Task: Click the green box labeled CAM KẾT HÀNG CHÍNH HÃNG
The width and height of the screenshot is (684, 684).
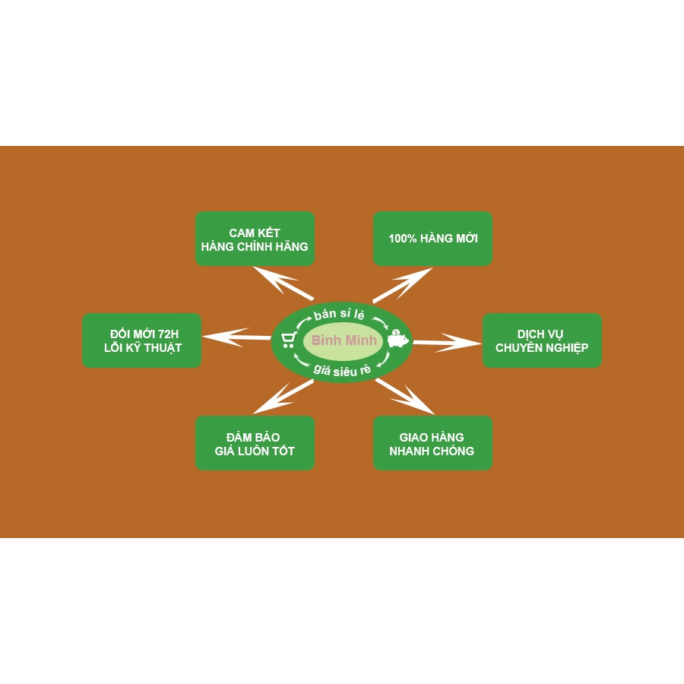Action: click(x=255, y=239)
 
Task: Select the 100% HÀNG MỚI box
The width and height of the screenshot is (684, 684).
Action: click(x=432, y=239)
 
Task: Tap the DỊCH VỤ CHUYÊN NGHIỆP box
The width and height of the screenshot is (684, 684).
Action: click(x=542, y=340)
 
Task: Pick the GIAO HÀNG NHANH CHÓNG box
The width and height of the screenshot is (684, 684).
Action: click(x=432, y=443)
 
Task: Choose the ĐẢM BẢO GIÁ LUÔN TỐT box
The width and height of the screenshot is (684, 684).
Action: click(x=255, y=443)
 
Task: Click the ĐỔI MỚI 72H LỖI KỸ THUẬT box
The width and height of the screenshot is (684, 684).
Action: click(x=141, y=340)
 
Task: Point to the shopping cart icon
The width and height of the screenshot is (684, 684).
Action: click(x=288, y=340)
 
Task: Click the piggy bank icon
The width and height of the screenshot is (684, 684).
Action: click(x=397, y=339)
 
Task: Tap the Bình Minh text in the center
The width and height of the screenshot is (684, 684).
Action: click(x=344, y=340)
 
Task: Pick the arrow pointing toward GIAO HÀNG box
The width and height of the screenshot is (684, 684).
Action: click(x=405, y=396)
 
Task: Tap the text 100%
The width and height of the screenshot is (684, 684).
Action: click(x=403, y=239)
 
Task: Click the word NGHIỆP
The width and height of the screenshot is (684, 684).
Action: click(x=563, y=348)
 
